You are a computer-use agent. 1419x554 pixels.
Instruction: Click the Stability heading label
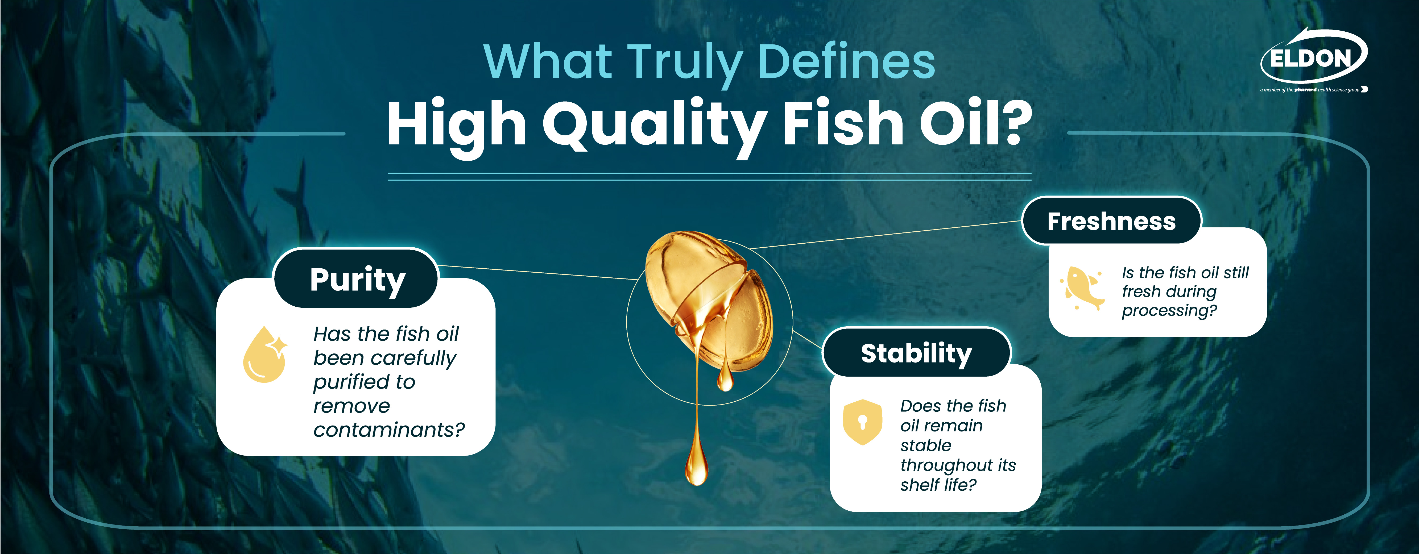(x=916, y=353)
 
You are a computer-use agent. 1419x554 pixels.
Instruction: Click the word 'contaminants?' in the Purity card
(x=389, y=430)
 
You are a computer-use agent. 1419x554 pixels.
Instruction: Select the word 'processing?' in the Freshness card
(x=1169, y=311)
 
